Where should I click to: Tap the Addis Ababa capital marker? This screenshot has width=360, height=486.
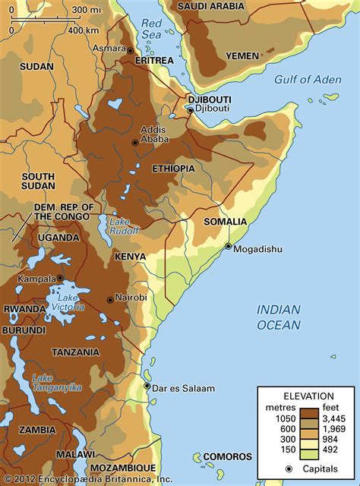point(135,142)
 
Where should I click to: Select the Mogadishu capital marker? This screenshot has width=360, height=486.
point(228,247)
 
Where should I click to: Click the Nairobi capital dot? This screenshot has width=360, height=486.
point(110,299)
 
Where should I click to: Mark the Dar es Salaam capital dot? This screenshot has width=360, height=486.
point(147,387)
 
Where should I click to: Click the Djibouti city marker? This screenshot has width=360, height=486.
point(191,111)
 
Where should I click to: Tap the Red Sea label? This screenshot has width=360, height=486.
point(153,29)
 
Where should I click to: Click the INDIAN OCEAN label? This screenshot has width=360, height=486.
point(278,317)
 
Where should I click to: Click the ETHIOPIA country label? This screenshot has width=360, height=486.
point(173,168)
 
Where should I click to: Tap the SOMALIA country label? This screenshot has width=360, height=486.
point(225,222)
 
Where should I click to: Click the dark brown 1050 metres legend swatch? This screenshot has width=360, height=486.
point(308,415)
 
